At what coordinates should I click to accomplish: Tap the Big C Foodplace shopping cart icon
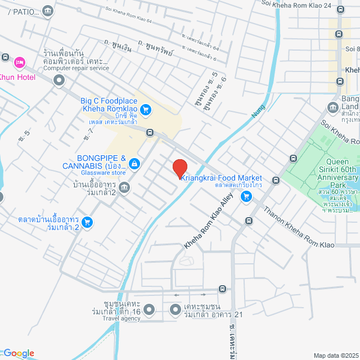click(146, 110)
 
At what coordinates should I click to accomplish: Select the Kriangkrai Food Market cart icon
click(246, 196)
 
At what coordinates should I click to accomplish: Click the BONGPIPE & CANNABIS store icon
click(134, 164)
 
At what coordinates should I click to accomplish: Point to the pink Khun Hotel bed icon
click(19, 61)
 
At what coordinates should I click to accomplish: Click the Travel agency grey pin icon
click(149, 309)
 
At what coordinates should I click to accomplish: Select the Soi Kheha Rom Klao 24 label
click(304, 4)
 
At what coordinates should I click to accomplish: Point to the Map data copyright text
click(335, 355)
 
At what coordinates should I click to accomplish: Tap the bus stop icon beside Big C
click(150, 133)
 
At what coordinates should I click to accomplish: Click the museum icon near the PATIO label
click(48, 10)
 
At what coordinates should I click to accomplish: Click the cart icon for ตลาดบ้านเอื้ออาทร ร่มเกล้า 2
click(87, 222)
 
